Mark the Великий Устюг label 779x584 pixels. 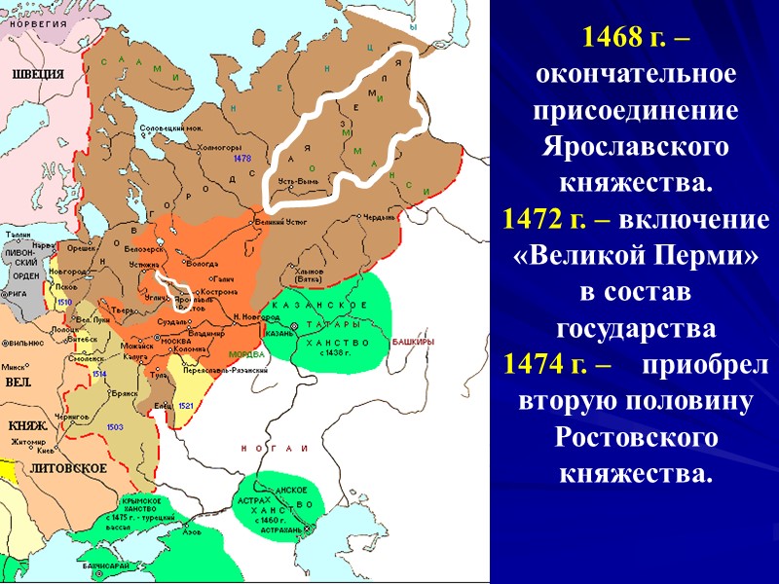coord(277,223)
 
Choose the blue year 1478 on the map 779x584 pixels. coord(242,158)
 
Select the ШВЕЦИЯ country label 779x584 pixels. coord(38,73)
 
